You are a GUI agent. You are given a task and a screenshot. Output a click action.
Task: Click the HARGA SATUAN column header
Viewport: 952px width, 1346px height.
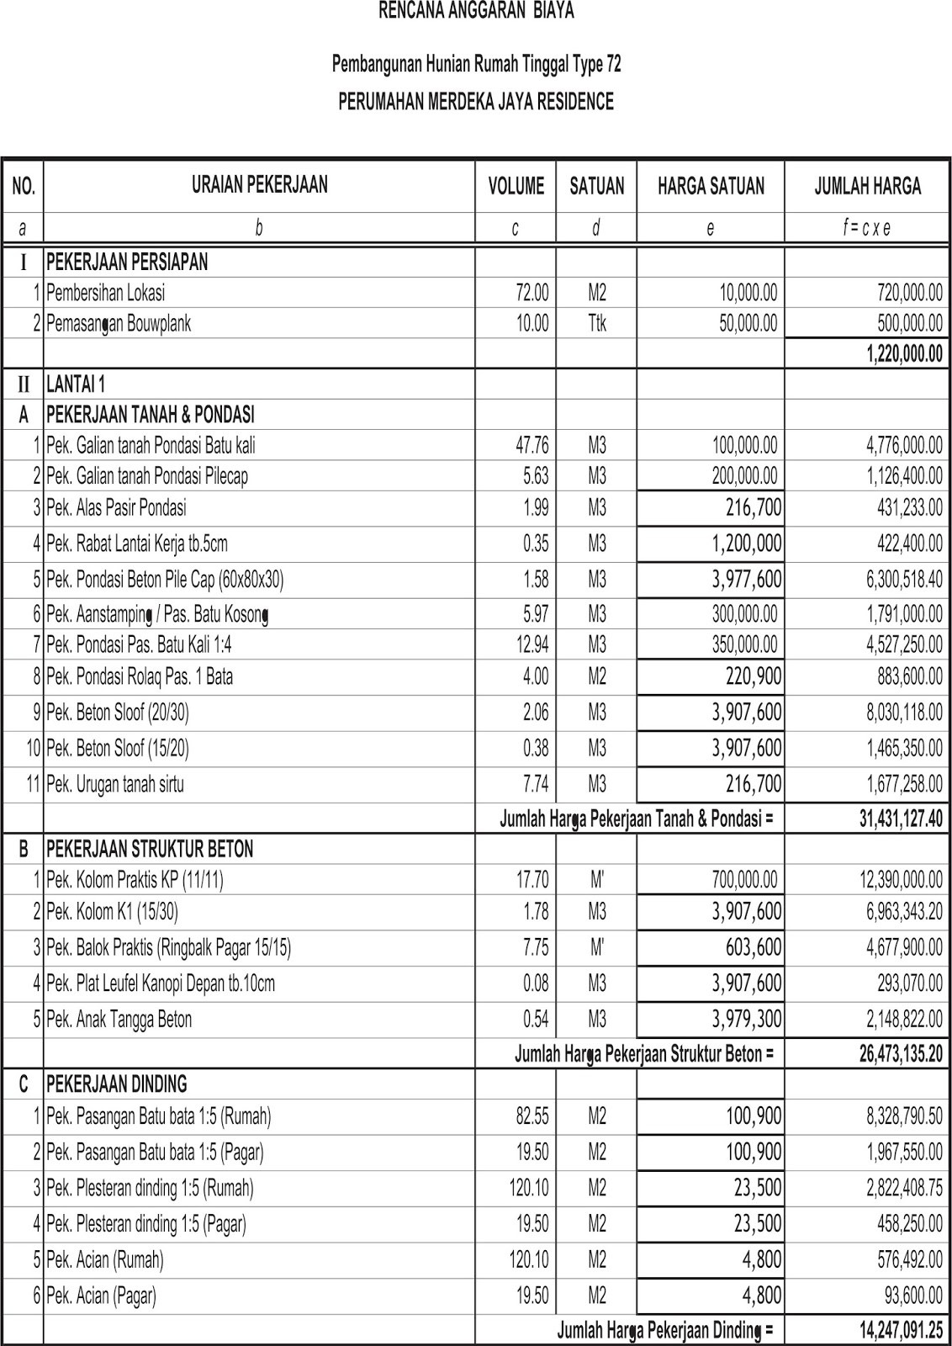711,186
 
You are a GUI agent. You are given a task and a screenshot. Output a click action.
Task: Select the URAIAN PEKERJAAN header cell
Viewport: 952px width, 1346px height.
259,185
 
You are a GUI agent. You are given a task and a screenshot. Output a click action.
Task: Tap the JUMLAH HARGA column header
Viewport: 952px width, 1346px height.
867,186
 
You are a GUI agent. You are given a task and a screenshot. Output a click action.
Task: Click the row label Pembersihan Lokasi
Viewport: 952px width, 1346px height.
106,293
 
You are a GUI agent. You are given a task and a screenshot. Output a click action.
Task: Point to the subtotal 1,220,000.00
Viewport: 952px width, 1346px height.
904,354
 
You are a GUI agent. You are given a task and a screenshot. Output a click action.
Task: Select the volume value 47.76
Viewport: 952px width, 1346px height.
532,445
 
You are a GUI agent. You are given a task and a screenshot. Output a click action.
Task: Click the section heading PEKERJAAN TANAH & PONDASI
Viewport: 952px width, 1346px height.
151,415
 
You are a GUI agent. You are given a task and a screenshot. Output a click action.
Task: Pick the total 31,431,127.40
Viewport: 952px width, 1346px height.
901,819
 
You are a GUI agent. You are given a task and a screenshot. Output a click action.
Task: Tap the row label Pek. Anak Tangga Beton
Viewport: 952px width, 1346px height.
119,1020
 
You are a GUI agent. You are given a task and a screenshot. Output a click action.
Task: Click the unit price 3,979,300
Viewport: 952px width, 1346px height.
747,1020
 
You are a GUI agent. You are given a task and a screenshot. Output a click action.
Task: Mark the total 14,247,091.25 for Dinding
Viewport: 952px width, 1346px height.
901,1331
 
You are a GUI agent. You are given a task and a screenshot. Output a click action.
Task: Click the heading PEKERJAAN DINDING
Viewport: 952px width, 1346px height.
117,1084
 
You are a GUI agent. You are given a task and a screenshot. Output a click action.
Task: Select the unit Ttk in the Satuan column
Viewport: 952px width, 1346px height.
596,323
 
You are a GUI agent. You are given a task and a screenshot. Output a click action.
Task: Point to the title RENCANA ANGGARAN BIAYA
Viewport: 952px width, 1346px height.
477,12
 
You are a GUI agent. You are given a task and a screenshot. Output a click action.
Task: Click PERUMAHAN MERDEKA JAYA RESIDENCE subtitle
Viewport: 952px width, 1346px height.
476,102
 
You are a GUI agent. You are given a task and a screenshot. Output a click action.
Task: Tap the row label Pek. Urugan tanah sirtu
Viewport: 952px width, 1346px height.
115,784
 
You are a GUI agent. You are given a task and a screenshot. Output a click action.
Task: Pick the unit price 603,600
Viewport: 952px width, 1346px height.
754,947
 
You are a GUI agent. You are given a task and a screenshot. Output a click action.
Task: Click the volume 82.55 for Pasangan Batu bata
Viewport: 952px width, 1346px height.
532,1116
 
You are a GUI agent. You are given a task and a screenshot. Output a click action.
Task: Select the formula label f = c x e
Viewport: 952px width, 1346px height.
867,227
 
